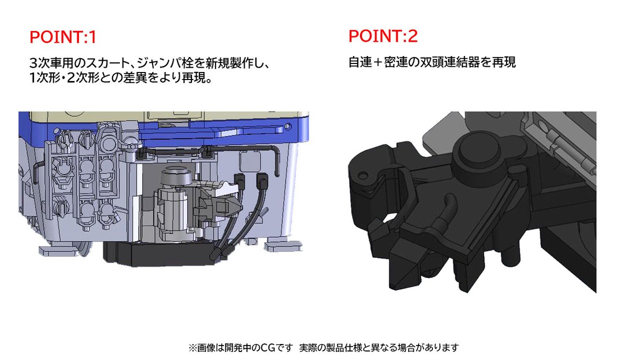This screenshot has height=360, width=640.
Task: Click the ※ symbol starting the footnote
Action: coord(193,348)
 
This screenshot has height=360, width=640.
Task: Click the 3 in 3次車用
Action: coord(34,64)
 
